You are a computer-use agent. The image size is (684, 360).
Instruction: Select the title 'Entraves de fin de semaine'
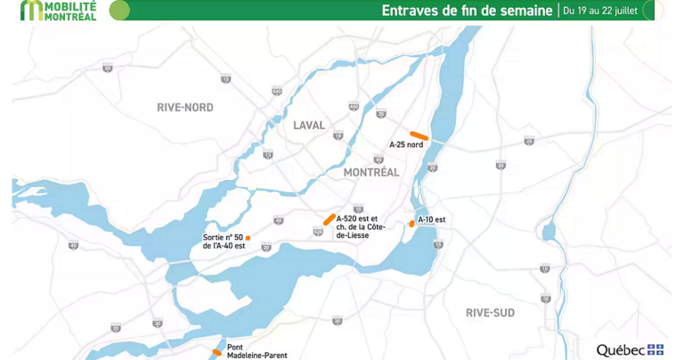tap(467, 11)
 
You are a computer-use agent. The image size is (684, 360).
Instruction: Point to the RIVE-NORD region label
tap(185, 107)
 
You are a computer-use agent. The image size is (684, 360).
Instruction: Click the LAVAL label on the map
tap(309, 126)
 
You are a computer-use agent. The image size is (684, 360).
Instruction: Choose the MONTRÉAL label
tap(370, 172)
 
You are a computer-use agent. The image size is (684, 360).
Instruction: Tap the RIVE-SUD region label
tap(490, 313)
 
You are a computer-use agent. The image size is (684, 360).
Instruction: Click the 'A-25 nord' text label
tap(406, 144)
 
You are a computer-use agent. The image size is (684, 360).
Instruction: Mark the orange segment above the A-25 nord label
tap(419, 135)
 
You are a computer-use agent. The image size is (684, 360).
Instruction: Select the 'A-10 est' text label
tap(431, 219)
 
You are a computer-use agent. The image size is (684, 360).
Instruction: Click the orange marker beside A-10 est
tap(411, 223)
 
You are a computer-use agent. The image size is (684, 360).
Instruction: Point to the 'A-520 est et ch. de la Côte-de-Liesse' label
tap(357, 227)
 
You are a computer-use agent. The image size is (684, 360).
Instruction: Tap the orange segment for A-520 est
tap(330, 218)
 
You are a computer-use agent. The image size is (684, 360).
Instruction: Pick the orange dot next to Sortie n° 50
tap(248, 238)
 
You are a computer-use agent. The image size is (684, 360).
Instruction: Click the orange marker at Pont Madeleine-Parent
tap(217, 353)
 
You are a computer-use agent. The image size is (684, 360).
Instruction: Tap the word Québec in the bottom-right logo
tap(621, 349)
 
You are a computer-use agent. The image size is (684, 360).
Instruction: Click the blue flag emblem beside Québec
tap(655, 349)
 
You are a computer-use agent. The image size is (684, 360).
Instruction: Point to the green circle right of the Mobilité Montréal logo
tap(119, 10)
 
